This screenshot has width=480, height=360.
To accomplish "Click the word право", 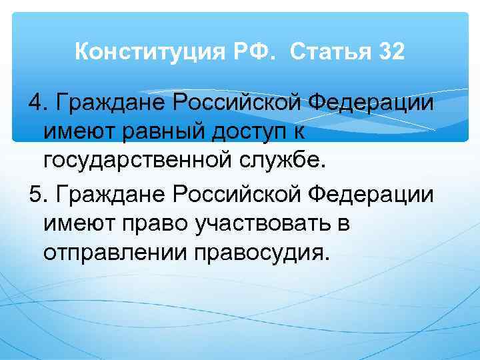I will pos(148,225).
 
